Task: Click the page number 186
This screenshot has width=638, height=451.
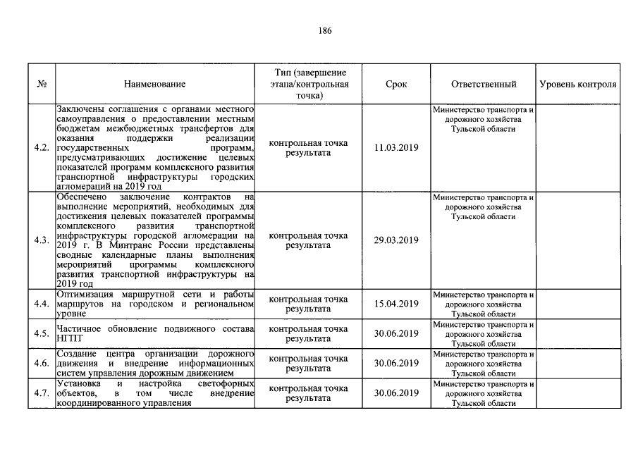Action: (x=325, y=30)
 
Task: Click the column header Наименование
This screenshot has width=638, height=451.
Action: (x=155, y=85)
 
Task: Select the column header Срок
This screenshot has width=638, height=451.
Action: (x=396, y=85)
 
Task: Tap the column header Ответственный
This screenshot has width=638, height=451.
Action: (x=484, y=85)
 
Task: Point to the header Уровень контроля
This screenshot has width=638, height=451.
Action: (x=578, y=85)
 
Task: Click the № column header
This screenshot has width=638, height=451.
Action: (x=42, y=85)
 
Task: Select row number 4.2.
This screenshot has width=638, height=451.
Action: (x=42, y=148)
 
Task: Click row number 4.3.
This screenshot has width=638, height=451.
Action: (x=42, y=240)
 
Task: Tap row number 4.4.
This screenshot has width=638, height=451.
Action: (x=42, y=304)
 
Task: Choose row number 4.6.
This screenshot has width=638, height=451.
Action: (x=42, y=363)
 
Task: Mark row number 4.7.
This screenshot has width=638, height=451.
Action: (x=42, y=393)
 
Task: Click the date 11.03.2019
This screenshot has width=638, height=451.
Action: (x=396, y=148)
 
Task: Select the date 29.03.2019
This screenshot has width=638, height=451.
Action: (x=396, y=240)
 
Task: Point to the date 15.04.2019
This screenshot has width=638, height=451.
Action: (x=396, y=304)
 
